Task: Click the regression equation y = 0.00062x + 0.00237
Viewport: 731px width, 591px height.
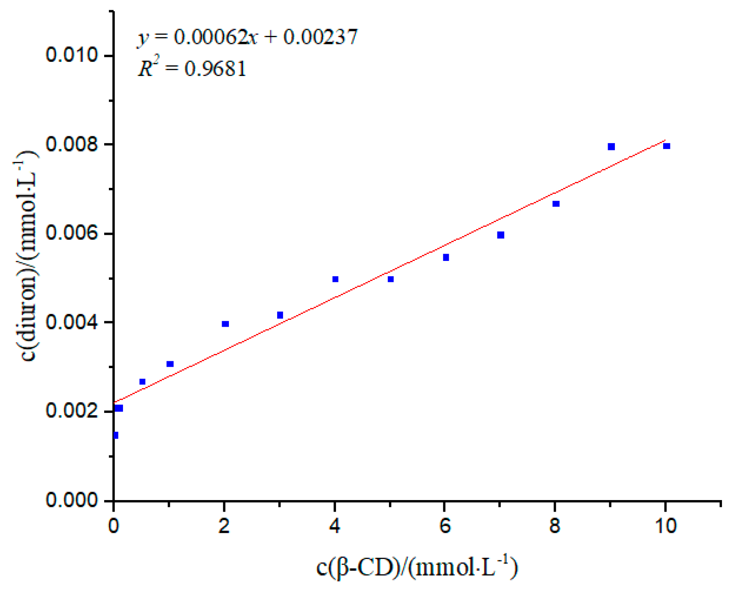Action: (247, 37)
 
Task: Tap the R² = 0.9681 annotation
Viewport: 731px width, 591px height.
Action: (192, 69)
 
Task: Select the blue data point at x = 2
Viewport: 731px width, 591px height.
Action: (225, 324)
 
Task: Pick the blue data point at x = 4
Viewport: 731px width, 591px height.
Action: (335, 279)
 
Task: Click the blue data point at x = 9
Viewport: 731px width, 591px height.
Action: (611, 147)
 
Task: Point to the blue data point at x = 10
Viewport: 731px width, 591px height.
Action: (667, 146)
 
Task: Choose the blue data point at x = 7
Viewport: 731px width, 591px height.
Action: (501, 235)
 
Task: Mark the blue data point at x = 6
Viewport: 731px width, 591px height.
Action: (446, 257)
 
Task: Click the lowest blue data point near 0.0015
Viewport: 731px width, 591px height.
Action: (115, 436)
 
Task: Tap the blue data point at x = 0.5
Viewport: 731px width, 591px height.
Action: (142, 382)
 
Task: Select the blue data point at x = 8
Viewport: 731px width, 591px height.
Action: (556, 204)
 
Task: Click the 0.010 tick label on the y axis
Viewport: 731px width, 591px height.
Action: (72, 56)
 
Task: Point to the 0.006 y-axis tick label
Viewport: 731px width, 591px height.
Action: (72, 234)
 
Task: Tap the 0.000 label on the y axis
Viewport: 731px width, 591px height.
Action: (72, 500)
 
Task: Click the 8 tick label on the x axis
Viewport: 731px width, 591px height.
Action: (555, 526)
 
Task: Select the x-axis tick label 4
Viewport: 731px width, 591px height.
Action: (335, 526)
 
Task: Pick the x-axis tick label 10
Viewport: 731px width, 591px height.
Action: (665, 526)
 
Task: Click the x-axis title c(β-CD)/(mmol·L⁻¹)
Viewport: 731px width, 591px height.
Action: (417, 568)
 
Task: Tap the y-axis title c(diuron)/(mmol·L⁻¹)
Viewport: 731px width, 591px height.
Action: (29, 256)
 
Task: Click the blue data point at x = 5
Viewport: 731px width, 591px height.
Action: (390, 279)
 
